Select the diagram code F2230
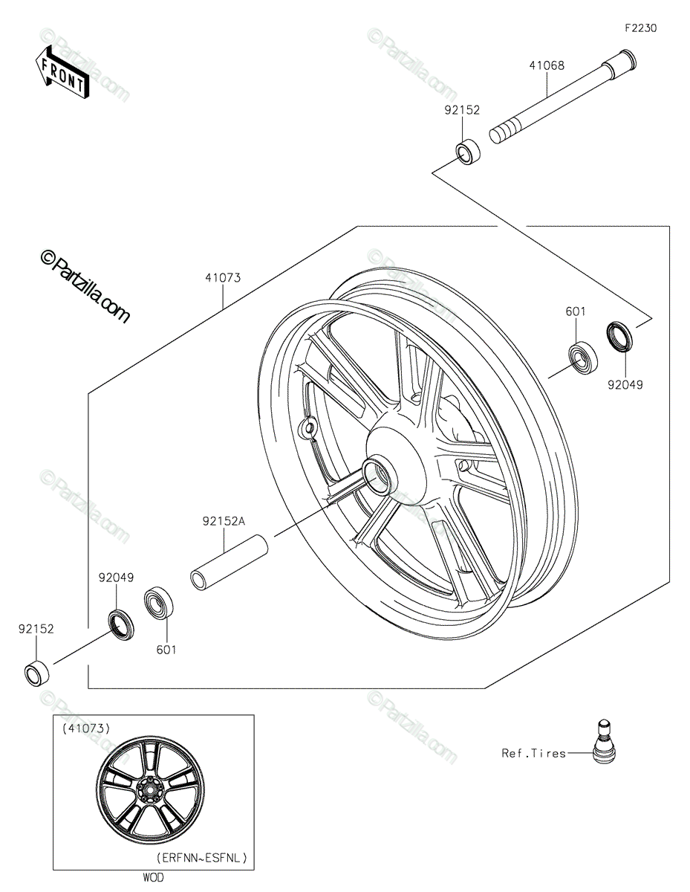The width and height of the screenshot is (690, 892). [x=640, y=28]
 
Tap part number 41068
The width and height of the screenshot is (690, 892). [x=546, y=65]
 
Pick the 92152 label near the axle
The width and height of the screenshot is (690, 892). [x=462, y=110]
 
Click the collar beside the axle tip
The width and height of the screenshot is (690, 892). [x=467, y=152]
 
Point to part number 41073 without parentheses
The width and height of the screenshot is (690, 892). [x=223, y=278]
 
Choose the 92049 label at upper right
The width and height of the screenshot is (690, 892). [x=625, y=385]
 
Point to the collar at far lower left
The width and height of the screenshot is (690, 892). [x=36, y=671]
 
